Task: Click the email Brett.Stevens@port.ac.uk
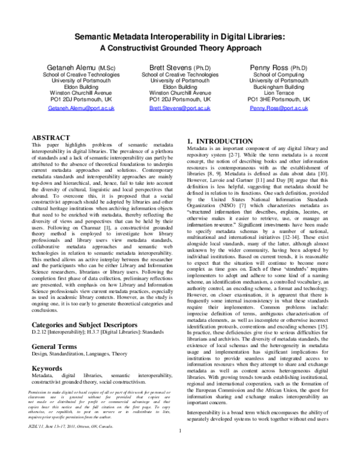click(180, 109)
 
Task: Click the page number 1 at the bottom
click(180, 447)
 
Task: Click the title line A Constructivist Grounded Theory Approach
click(180, 49)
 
